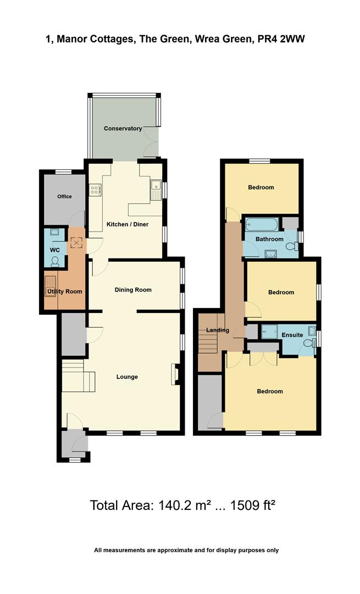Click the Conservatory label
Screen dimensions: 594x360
[123, 128]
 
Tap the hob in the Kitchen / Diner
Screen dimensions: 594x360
[95, 190]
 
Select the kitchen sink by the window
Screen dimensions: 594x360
[155, 190]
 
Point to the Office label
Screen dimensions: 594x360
[64, 196]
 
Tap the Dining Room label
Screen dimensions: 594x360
[133, 289]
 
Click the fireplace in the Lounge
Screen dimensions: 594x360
[175, 373]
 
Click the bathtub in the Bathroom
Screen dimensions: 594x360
[261, 224]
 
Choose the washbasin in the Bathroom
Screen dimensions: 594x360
[270, 252]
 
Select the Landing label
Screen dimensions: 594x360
[214, 329]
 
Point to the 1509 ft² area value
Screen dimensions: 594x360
[250, 505]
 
